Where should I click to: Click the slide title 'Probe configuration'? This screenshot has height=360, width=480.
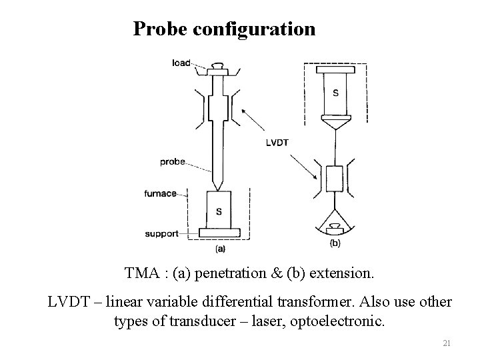pyautogui.click(x=224, y=29)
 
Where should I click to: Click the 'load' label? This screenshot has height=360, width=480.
pyautogui.click(x=181, y=63)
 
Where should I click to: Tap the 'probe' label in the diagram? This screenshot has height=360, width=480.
pyautogui.click(x=172, y=162)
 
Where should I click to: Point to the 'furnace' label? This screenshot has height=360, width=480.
pyautogui.click(x=160, y=194)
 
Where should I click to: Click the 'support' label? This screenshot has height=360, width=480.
pyautogui.click(x=161, y=234)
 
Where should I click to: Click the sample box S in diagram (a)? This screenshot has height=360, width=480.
pyautogui.click(x=219, y=210)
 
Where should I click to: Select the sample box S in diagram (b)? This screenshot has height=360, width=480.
pyautogui.click(x=335, y=93)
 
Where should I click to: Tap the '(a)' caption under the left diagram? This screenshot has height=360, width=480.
pyautogui.click(x=219, y=249)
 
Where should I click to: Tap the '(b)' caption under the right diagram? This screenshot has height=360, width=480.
pyautogui.click(x=335, y=244)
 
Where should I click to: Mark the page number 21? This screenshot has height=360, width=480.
pyautogui.click(x=447, y=343)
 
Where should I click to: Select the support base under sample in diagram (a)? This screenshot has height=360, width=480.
pyautogui.click(x=219, y=233)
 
